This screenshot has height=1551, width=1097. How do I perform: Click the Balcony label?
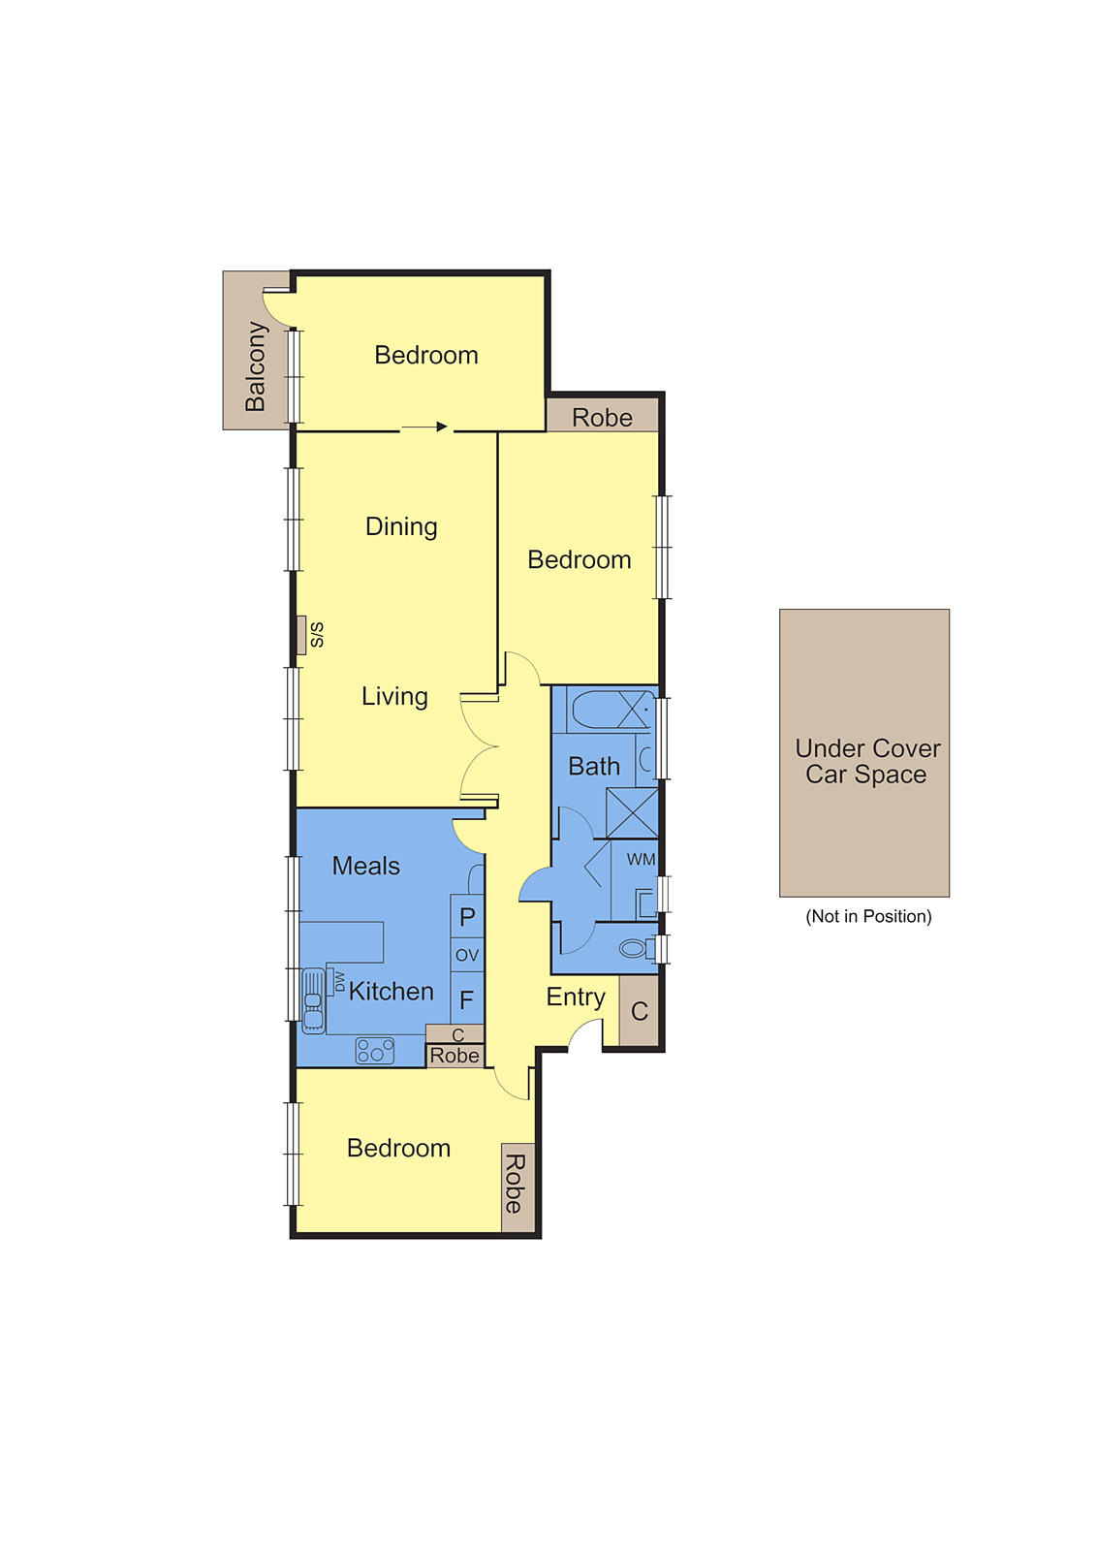click(256, 366)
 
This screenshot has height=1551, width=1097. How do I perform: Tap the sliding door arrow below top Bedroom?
click(424, 427)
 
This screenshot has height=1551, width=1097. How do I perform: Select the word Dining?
click(401, 526)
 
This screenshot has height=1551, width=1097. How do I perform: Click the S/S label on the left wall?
click(317, 635)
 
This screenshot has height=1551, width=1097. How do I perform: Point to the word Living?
click(394, 696)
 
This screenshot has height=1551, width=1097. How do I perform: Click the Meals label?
click(365, 866)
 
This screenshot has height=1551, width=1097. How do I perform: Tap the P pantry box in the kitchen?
click(467, 917)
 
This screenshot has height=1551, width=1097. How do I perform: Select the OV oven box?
click(467, 955)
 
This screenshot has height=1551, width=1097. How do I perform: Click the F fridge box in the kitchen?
click(467, 999)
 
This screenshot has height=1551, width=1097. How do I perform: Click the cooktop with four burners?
click(375, 1051)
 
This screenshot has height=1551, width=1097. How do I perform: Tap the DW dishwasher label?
click(339, 982)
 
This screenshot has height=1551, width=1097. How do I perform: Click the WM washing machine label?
click(641, 860)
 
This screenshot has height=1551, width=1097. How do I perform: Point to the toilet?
click(636, 948)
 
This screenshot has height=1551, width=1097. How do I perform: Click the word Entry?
click(576, 997)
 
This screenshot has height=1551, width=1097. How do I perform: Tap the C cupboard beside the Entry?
click(640, 1011)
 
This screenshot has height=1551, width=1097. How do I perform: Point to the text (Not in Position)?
click(868, 916)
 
